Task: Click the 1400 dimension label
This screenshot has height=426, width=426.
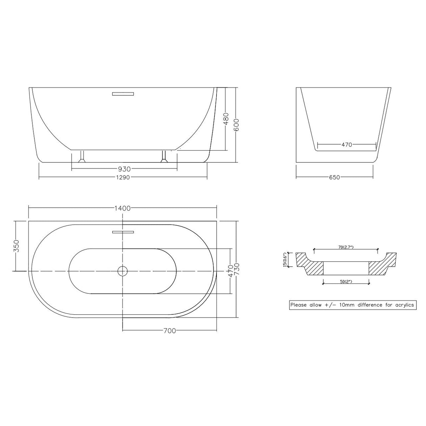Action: (122, 208)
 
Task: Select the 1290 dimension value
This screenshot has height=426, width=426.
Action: (122, 177)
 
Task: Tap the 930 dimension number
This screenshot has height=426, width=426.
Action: (125, 169)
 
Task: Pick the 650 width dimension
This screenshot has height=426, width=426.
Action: (334, 177)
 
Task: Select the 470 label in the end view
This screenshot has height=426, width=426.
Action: (346, 145)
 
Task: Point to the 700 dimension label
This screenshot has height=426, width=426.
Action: (170, 331)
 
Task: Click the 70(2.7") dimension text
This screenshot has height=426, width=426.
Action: (346, 247)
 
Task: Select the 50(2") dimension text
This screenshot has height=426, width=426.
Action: (345, 282)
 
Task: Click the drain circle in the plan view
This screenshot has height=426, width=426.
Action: (122, 271)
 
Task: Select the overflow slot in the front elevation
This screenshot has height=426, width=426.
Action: (123, 94)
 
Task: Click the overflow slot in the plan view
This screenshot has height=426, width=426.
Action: (123, 232)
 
